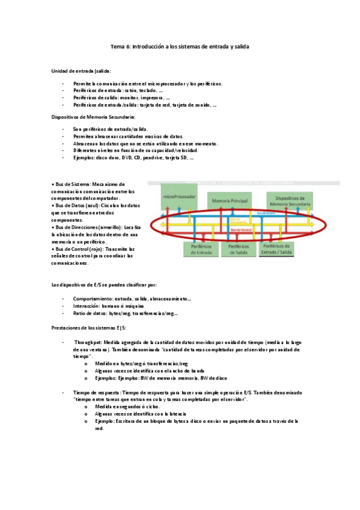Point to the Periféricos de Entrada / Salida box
pos(285,250)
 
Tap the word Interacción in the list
pos(86,306)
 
